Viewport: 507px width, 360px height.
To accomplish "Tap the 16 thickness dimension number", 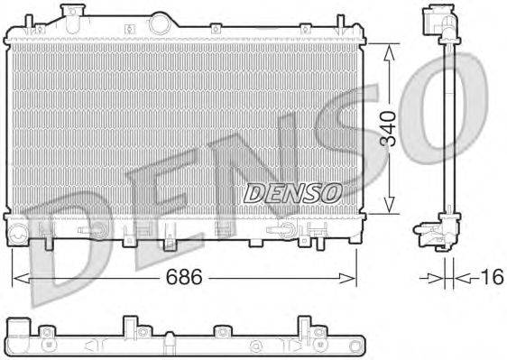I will (493, 278).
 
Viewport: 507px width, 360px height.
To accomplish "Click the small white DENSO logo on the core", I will (292, 192).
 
